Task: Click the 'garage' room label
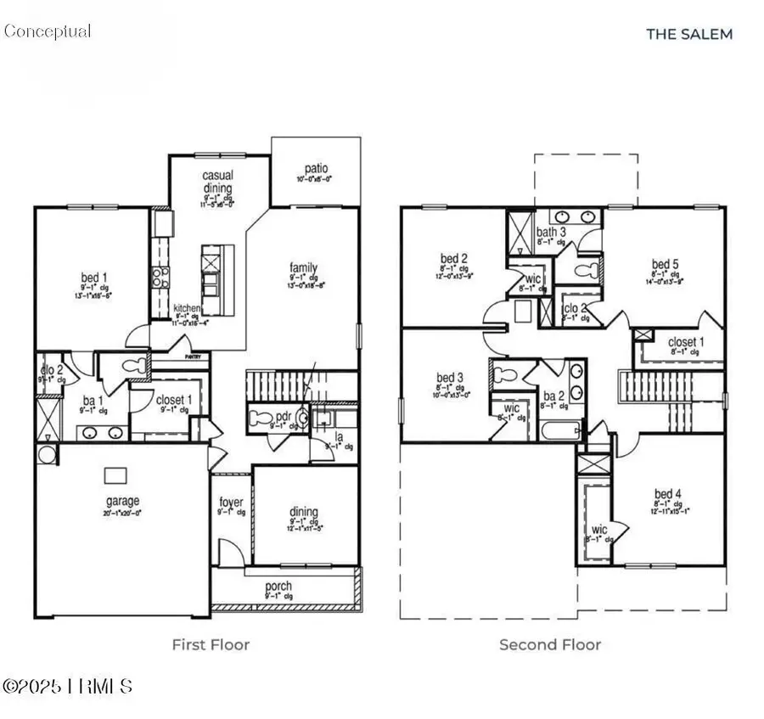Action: pos(122,501)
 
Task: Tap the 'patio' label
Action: pos(316,169)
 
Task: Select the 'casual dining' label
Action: pos(217,182)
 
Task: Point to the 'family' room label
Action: pos(303,267)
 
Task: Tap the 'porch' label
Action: pos(278,586)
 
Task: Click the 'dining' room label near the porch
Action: pos(304,511)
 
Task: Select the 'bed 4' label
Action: pos(667,493)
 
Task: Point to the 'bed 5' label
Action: pos(665,263)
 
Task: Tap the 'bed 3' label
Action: pos(450,377)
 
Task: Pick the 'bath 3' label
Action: pos(551,232)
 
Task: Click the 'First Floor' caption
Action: pos(211,644)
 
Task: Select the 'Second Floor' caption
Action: pos(550,644)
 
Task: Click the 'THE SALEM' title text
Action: pos(688,34)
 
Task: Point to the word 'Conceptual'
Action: pos(47,31)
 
